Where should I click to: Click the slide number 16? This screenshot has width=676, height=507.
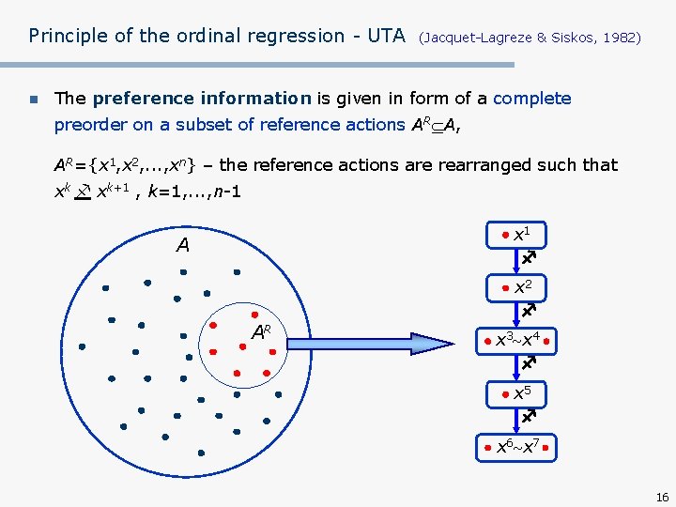pyautogui.click(x=662, y=497)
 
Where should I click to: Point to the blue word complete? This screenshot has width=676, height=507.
pyautogui.click(x=531, y=99)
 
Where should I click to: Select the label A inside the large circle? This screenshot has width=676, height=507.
pyautogui.click(x=182, y=246)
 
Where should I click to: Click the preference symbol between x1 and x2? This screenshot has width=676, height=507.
pyautogui.click(x=529, y=256)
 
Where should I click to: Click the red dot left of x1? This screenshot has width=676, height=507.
pyautogui.click(x=504, y=234)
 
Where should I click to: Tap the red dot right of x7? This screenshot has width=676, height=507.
pyautogui.click(x=545, y=449)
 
